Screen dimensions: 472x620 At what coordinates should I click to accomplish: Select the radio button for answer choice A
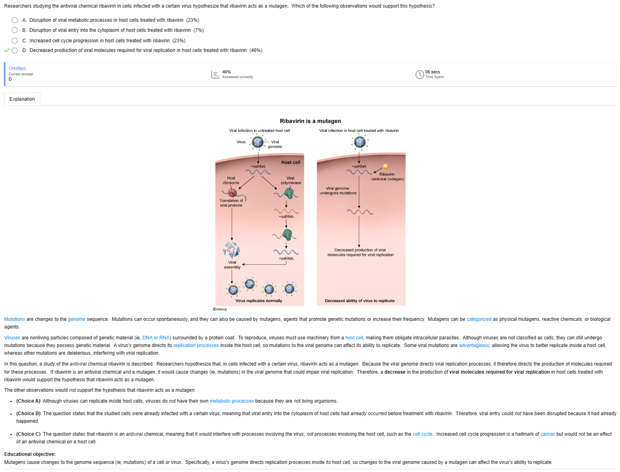click(15, 20)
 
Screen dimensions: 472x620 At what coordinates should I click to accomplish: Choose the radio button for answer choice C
click(15, 40)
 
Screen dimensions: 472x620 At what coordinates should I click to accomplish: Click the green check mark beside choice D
click(7, 50)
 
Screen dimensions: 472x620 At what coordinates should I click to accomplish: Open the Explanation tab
click(22, 99)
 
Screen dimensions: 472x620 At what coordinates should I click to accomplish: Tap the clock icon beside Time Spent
click(420, 75)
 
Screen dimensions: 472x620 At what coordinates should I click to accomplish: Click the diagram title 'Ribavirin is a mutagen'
click(310, 121)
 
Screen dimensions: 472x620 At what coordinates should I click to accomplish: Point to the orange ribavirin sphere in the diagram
click(386, 166)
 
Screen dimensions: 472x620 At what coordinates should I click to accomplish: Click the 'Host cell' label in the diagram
click(291, 162)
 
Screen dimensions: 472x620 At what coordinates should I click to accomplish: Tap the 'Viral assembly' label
click(232, 265)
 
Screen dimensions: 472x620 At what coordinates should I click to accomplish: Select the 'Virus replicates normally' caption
click(259, 301)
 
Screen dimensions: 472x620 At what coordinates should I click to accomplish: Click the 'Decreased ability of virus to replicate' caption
click(360, 301)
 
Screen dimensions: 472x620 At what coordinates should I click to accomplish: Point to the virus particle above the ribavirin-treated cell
click(360, 142)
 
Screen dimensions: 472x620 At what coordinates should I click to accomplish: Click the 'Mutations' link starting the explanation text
click(14, 319)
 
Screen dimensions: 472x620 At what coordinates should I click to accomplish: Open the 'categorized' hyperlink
click(479, 319)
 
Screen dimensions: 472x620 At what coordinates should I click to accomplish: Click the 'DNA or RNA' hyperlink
click(156, 338)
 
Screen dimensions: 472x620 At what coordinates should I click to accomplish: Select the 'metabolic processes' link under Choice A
click(231, 401)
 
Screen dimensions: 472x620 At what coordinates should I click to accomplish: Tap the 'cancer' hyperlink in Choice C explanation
click(548, 434)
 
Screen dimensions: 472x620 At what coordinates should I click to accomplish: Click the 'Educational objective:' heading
click(30, 454)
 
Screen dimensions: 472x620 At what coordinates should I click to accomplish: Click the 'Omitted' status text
click(17, 69)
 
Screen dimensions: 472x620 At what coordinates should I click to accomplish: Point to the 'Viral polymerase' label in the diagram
click(291, 181)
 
